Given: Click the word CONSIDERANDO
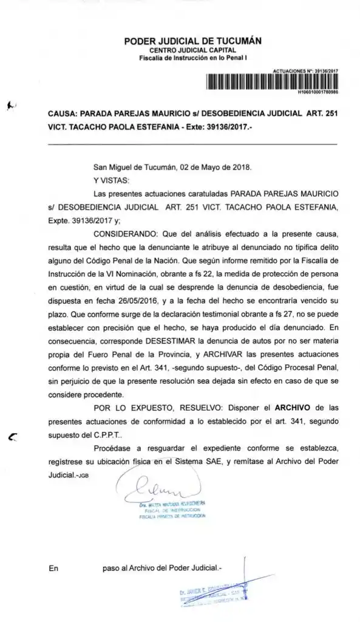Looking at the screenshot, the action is click(123, 233).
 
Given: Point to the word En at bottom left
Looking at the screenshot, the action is click(54, 568).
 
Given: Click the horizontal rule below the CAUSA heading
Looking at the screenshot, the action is click(192, 144).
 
